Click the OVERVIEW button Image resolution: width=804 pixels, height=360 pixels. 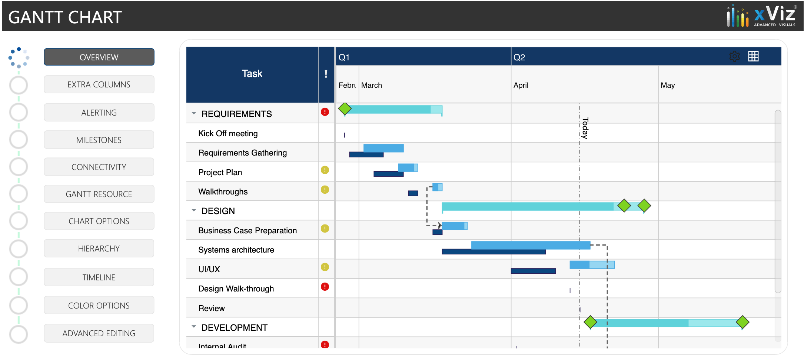coord(99,57)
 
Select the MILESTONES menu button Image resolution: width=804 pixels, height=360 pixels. coord(99,140)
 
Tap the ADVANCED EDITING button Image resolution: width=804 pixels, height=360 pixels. coord(99,333)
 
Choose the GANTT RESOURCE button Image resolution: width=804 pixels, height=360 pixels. coord(99,194)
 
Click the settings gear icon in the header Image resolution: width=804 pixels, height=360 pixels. coord(734,56)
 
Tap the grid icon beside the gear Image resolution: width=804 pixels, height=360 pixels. coord(753,56)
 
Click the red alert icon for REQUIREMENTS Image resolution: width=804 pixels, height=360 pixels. coord(325,112)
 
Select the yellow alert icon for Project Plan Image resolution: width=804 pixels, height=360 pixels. coord(325,170)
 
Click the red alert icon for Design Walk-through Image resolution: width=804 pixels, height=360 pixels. coord(325,287)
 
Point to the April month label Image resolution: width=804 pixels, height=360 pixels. coord(521,85)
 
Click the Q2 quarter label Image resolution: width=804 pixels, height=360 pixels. coord(519,57)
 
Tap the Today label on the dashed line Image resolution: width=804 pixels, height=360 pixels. coord(585,128)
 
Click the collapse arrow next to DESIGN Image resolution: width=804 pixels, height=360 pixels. coord(194,210)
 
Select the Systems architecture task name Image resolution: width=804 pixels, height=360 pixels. coord(236,250)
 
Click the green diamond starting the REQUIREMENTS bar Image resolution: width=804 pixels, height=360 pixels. coord(345,109)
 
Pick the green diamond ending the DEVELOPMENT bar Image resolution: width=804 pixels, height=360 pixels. coord(742,322)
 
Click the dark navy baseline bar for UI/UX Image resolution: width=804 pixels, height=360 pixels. coord(533,271)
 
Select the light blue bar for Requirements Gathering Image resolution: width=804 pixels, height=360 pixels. coord(383,148)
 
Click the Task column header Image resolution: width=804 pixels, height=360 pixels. coord(252,74)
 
